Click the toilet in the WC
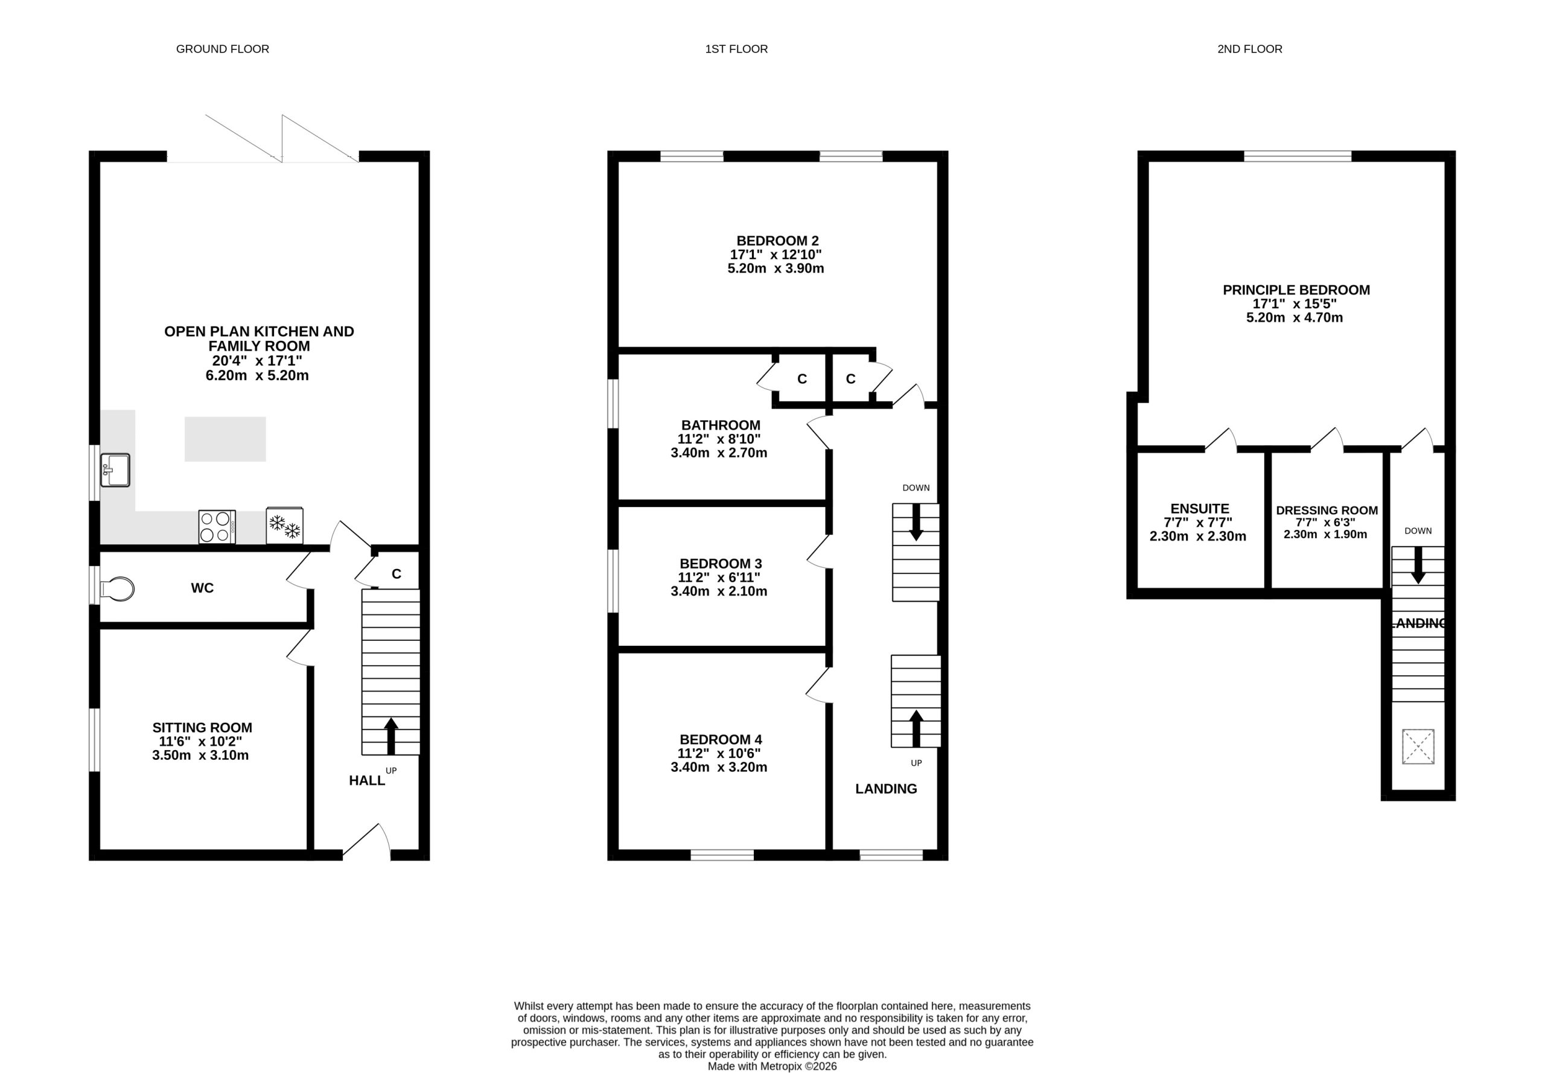[x=117, y=588]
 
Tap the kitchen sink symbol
[x=115, y=470]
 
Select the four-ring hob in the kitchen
[x=217, y=526]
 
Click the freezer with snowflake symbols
[x=284, y=526]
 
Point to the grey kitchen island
[x=225, y=439]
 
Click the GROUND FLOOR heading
[x=223, y=49]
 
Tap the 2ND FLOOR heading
[x=1250, y=49]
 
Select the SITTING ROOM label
[x=202, y=727]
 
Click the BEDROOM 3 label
[x=721, y=564]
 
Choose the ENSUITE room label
[x=1200, y=509]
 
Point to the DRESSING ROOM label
[x=1327, y=511]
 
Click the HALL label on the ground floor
[x=367, y=780]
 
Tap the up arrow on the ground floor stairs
[x=390, y=736]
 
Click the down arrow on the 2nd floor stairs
[x=1418, y=565]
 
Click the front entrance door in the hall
[x=366, y=842]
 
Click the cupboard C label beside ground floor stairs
[x=397, y=574]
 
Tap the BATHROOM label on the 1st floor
[x=721, y=425]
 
